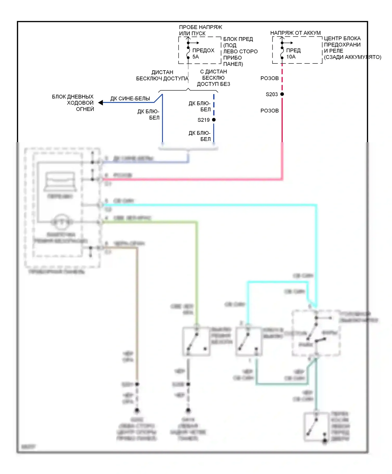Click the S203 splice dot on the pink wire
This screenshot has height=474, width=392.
click(282, 94)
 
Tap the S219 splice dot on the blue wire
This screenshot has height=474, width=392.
click(214, 120)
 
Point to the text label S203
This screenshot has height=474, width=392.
click(272, 94)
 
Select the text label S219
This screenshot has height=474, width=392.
click(204, 120)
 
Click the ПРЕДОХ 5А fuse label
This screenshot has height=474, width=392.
click(203, 53)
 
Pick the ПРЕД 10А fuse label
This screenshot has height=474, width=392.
click(293, 53)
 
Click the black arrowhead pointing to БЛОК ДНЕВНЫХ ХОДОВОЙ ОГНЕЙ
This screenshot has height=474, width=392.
click(101, 103)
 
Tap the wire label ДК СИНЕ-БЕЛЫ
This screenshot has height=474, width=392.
click(130, 99)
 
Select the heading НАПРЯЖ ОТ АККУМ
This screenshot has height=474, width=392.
click(295, 33)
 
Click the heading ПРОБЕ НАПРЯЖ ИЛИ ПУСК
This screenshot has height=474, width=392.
click(200, 30)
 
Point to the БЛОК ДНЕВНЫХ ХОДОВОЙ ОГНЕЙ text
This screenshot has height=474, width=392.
click(73, 103)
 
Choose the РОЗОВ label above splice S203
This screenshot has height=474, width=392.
click(269, 78)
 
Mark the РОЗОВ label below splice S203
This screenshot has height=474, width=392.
click(269, 111)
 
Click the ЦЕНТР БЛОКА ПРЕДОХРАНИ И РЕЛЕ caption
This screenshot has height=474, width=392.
click(352, 48)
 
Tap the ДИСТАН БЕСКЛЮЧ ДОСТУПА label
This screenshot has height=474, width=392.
click(162, 75)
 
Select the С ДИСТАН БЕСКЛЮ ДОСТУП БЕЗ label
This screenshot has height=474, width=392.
click(213, 78)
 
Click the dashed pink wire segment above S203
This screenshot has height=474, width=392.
click(282, 78)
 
